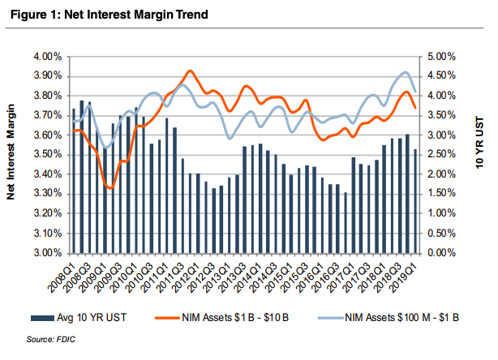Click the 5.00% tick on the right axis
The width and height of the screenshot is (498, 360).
(439, 57)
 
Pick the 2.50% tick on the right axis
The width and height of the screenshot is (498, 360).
(439, 155)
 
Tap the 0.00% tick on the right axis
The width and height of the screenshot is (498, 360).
(439, 253)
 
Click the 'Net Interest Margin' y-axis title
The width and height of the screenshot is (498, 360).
(14, 155)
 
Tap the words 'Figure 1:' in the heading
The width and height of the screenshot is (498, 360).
(33, 14)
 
